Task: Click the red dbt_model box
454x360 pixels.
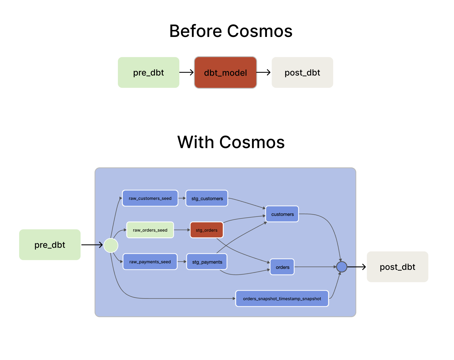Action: click(x=225, y=73)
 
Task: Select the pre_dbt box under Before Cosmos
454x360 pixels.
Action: click(x=148, y=73)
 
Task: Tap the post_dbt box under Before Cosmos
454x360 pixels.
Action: click(x=302, y=73)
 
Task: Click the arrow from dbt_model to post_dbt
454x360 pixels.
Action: click(x=263, y=73)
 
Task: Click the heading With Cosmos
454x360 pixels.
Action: click(x=231, y=142)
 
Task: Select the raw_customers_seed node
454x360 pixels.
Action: click(x=150, y=198)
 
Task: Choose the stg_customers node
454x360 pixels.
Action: click(x=207, y=198)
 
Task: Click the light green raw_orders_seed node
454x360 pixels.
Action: click(x=150, y=230)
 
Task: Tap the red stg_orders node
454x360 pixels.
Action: click(x=206, y=230)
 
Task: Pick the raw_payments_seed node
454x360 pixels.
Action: click(x=150, y=262)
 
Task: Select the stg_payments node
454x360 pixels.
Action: click(x=207, y=262)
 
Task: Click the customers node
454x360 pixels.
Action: click(x=282, y=214)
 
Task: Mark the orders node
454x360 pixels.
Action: click(x=282, y=267)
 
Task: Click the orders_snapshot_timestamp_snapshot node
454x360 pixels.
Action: click(x=282, y=299)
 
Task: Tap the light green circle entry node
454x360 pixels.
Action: click(x=111, y=245)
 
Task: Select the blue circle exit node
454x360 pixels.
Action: click(x=342, y=267)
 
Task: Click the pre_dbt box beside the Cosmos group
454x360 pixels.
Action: click(x=50, y=245)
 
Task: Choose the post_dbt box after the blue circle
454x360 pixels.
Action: click(x=397, y=267)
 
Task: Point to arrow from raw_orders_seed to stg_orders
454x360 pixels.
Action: click(x=182, y=230)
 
